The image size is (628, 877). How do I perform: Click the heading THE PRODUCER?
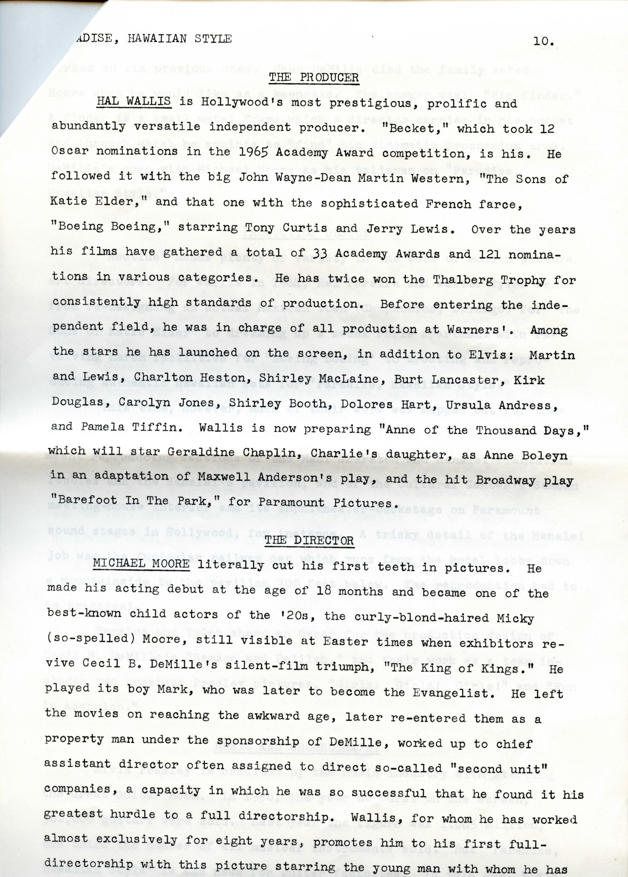point(314,77)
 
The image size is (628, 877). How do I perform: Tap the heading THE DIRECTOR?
point(309,540)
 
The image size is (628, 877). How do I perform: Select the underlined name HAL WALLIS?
point(133,102)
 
